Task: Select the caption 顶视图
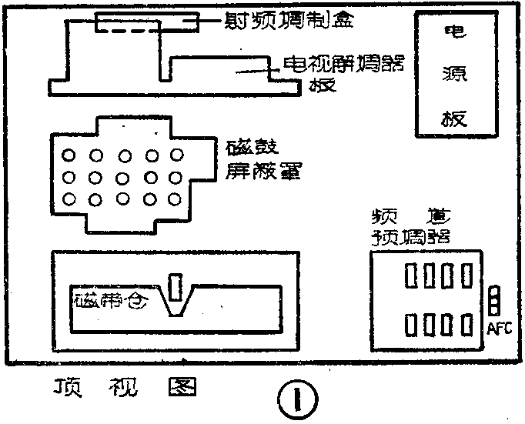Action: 122,386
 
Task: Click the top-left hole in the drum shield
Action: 70,156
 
